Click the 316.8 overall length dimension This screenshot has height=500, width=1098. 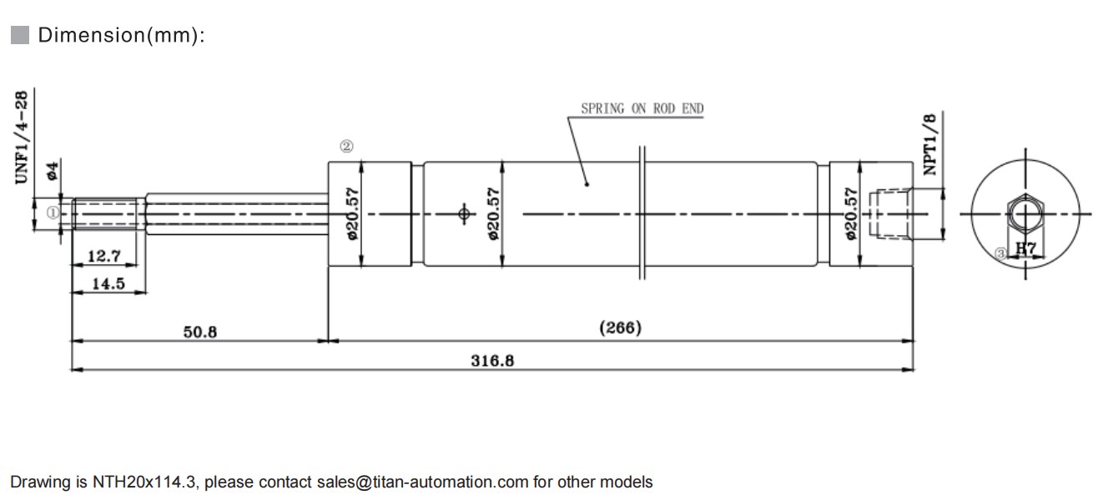click(492, 360)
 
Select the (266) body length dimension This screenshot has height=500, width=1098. click(621, 327)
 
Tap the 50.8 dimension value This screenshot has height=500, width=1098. click(200, 332)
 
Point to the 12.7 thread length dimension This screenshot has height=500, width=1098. click(105, 257)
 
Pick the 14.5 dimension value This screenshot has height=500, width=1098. click(108, 283)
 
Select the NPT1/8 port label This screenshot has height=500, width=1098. click(930, 143)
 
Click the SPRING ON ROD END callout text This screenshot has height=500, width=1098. click(642, 108)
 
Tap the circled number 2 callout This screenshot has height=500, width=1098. click(345, 147)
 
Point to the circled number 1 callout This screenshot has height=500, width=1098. click(53, 212)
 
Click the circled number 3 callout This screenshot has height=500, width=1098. click(1002, 252)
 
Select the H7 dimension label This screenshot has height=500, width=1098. click(1025, 248)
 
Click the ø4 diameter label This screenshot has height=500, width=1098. click(52, 172)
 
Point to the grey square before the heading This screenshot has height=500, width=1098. click(20, 35)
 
